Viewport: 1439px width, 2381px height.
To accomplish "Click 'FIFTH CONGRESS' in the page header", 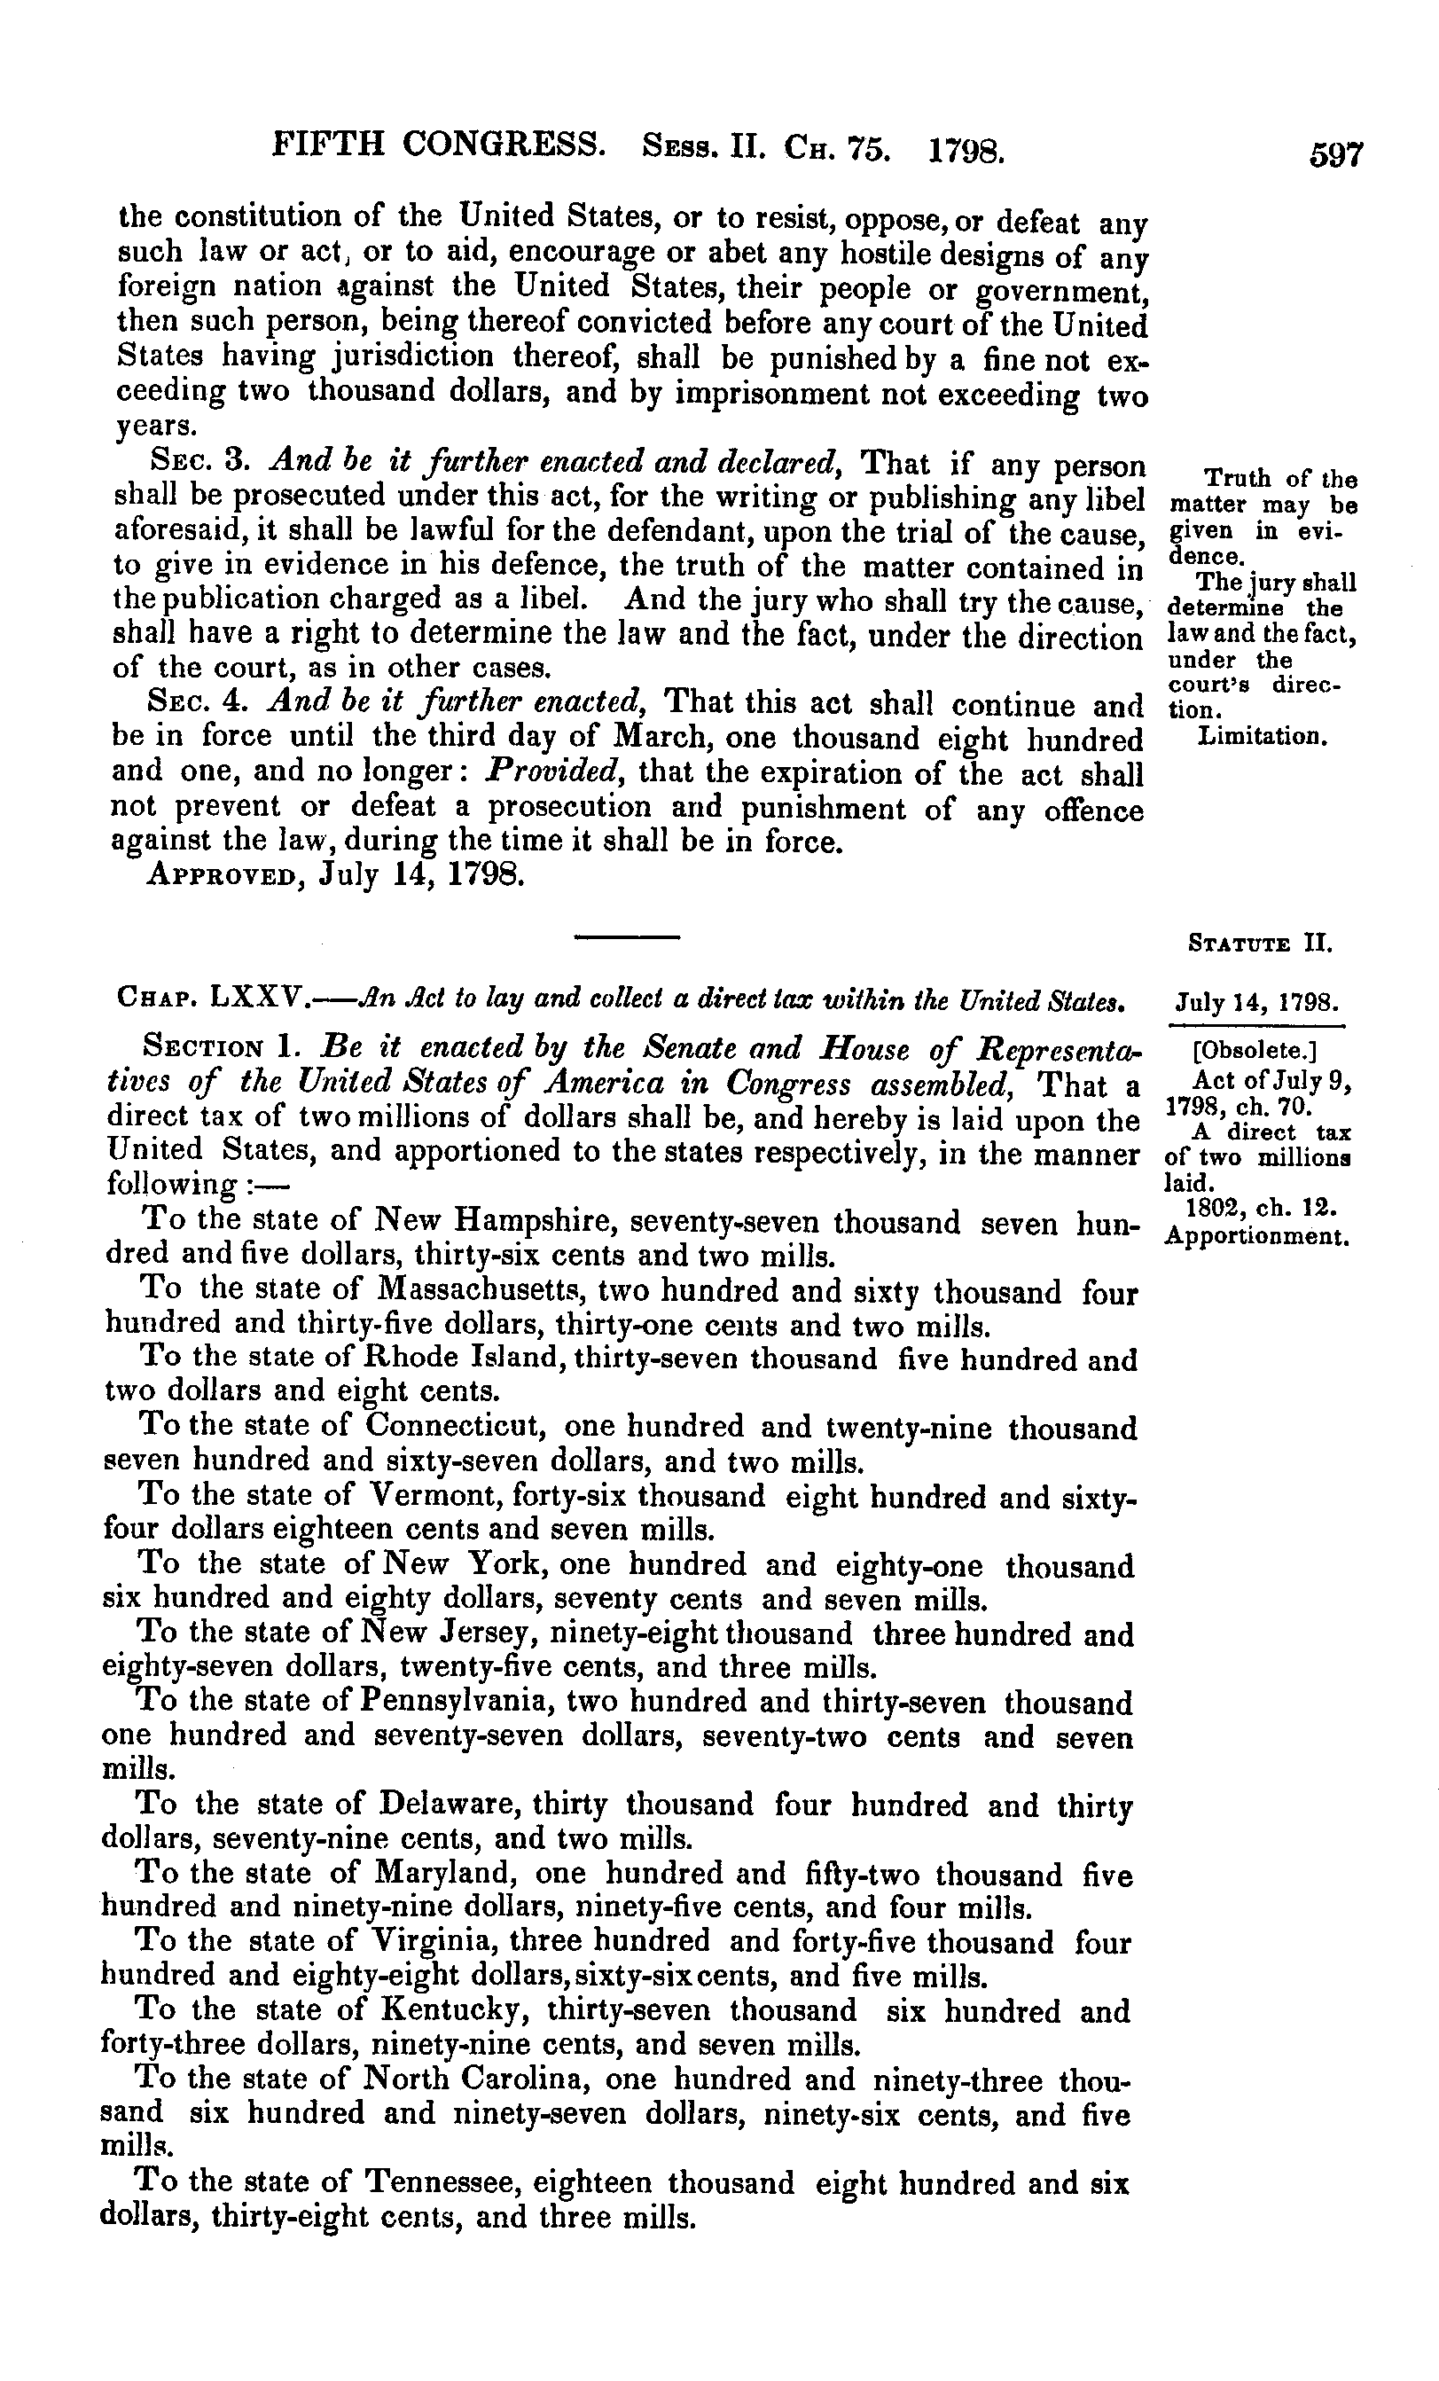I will click(439, 146).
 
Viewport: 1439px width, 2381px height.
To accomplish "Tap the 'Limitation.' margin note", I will click(1260, 737).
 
